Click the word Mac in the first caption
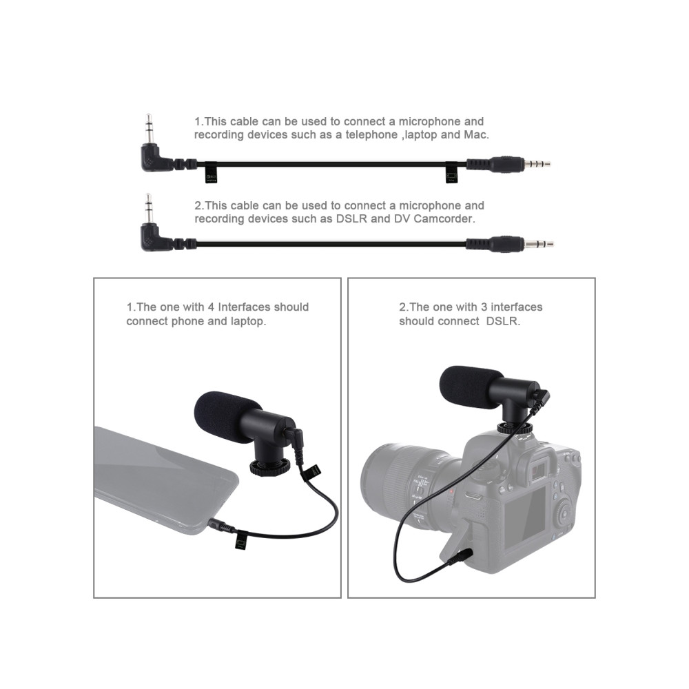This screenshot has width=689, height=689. point(476,135)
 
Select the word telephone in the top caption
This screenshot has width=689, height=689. point(372,135)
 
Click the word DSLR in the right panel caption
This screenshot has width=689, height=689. point(502,321)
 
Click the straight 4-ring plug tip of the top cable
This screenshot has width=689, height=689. point(537,165)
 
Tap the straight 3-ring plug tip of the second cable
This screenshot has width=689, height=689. point(539,244)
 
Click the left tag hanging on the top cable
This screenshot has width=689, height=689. point(211,173)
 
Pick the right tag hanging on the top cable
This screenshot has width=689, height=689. point(451,173)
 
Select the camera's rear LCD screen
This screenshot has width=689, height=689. point(525,517)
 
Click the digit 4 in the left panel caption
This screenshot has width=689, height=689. point(210,307)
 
